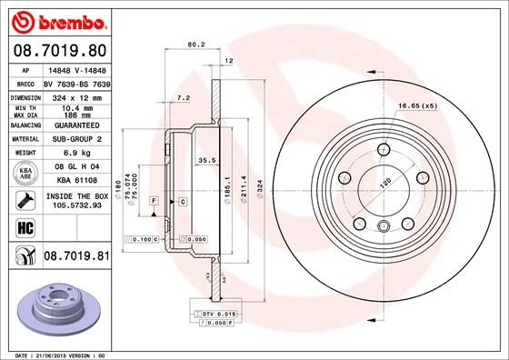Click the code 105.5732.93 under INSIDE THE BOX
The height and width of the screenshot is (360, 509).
(77, 205)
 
